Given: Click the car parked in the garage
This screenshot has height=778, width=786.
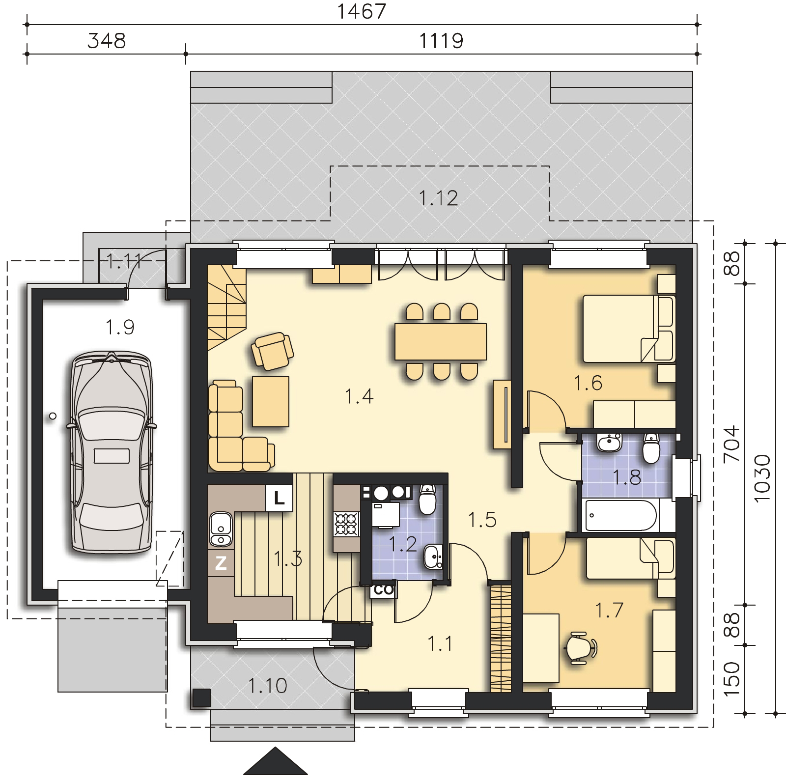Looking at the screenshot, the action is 111,452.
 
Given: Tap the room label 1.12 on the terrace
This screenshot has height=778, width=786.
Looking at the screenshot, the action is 438,198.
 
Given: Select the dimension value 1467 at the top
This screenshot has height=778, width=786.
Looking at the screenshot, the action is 362,12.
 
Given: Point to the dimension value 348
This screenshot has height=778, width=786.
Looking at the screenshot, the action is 107,41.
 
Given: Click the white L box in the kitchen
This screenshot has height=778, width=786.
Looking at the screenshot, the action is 279,499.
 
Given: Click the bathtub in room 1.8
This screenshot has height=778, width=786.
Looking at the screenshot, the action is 620,515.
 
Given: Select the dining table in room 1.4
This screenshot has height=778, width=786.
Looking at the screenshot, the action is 441,341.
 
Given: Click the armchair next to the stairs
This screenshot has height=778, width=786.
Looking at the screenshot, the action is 272,350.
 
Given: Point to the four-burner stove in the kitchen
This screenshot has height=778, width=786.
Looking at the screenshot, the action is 346,524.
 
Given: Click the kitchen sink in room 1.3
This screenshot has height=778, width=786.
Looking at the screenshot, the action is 221,529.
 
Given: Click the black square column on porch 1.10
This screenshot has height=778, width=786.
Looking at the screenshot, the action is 201,697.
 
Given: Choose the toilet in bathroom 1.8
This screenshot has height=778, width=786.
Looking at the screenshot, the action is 651,448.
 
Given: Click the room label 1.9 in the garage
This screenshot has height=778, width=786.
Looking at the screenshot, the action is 120,327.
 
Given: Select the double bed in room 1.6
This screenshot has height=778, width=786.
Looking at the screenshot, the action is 629,329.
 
